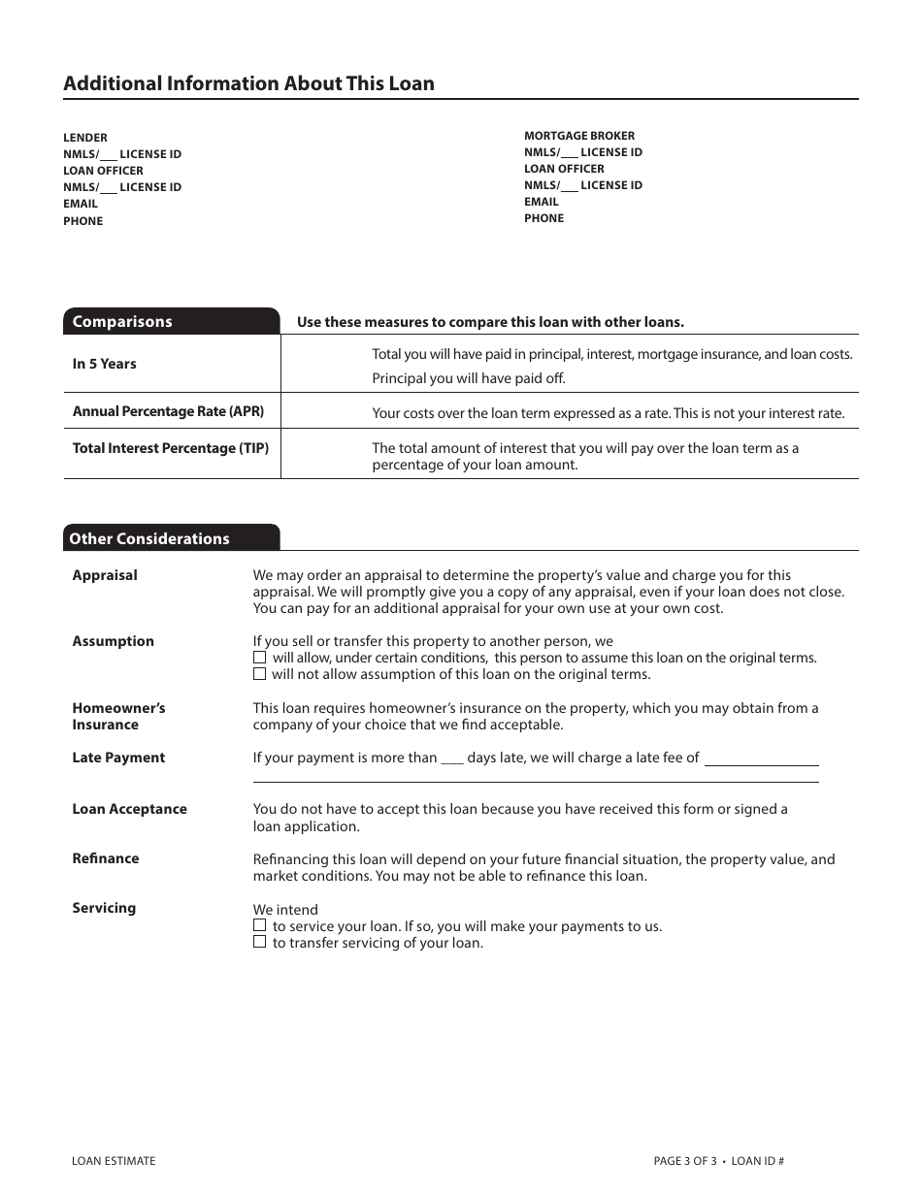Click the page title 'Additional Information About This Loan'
[x=248, y=83]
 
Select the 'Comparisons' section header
[x=122, y=322]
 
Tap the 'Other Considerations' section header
[x=149, y=538]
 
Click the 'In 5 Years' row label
[x=105, y=364]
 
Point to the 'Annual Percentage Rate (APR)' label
[x=168, y=411]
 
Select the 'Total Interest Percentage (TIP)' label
[x=171, y=448]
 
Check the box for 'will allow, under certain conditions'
[x=259, y=658]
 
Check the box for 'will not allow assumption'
[x=259, y=674]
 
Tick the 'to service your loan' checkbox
[x=259, y=925]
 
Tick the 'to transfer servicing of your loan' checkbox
[x=259, y=942]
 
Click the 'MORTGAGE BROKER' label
[x=579, y=136]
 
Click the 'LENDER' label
[x=85, y=138]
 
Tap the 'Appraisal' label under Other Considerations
[x=105, y=575]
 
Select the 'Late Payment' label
[x=118, y=758]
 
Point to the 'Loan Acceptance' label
[x=129, y=809]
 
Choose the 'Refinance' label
[x=106, y=858]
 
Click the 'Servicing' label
[x=104, y=908]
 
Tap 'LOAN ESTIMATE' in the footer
[x=114, y=1161]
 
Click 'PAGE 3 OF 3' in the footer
[x=685, y=1161]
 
